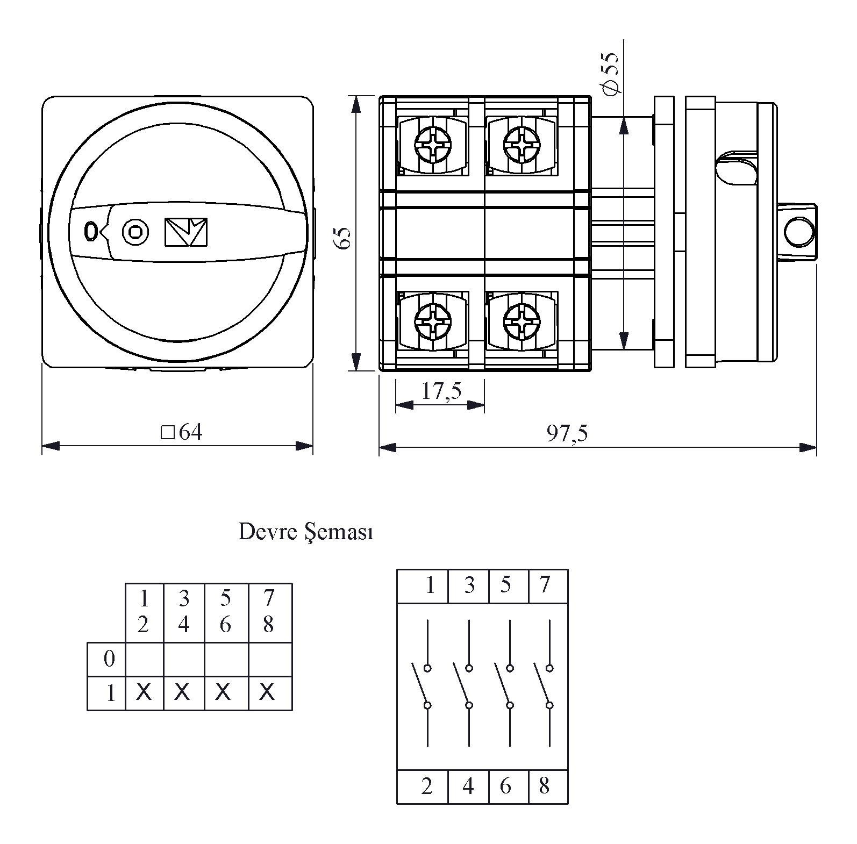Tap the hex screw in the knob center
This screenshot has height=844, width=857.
point(134,232)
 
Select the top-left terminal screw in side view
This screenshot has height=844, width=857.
point(433,142)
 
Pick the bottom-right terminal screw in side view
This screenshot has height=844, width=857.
point(522,321)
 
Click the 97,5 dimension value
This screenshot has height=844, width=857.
point(567,433)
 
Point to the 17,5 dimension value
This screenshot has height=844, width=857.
point(441,391)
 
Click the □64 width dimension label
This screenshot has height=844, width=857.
point(182,432)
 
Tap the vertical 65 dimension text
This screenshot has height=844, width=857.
point(343,238)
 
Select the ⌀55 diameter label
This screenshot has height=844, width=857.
point(611,74)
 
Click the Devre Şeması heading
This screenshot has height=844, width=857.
point(305,532)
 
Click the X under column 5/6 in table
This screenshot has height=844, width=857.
point(223,692)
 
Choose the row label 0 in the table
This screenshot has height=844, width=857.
point(109,659)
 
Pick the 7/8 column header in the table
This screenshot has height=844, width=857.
point(269,611)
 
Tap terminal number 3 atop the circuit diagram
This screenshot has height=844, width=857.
point(469,585)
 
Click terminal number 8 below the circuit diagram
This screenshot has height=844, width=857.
point(544,786)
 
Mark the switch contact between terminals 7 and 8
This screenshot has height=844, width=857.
point(544,686)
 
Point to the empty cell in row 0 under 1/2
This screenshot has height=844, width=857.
point(144,659)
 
